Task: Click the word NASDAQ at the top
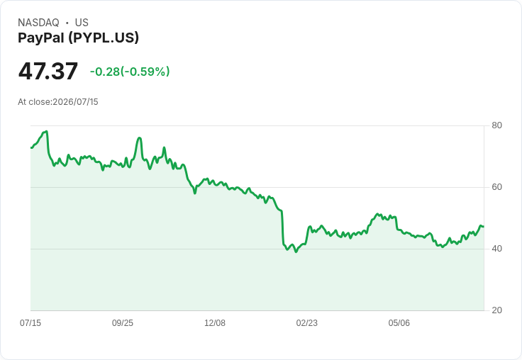(38, 23)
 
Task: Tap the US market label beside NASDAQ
(82, 23)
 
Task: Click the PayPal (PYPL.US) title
(78, 38)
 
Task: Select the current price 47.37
(48, 71)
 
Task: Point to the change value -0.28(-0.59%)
(130, 72)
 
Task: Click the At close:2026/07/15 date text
(58, 102)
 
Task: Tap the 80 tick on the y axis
(496, 125)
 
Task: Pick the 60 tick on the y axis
(496, 187)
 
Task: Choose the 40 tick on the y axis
(496, 249)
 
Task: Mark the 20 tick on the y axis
(496, 310)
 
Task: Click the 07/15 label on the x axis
(30, 322)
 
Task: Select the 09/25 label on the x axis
(123, 322)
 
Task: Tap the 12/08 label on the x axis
(215, 322)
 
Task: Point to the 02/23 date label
(306, 322)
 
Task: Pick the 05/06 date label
(399, 322)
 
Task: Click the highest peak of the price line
(47, 131)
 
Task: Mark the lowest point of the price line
(296, 252)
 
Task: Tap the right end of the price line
(484, 227)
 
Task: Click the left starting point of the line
(31, 147)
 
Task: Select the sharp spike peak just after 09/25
(139, 137)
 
